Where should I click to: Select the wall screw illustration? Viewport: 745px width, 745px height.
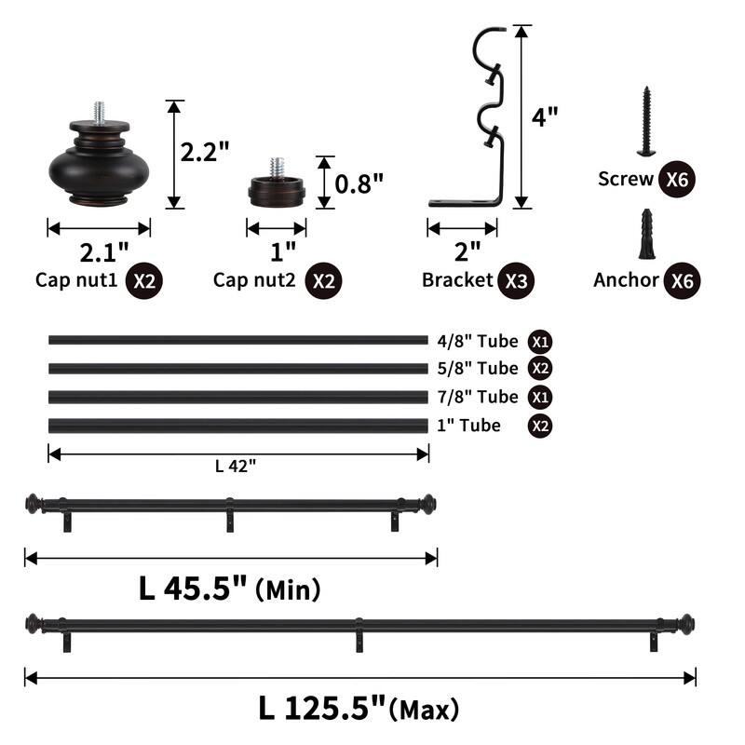(646, 121)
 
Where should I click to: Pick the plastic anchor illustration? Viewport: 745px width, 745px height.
(646, 234)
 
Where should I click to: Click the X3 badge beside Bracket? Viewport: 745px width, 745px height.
(516, 281)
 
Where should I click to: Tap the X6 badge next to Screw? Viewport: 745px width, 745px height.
(677, 179)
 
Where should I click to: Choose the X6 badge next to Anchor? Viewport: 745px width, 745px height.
(683, 281)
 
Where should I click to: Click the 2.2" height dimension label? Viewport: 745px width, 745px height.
(205, 152)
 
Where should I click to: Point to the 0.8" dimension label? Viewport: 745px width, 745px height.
(359, 183)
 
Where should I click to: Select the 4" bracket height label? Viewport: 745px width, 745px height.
(545, 117)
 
